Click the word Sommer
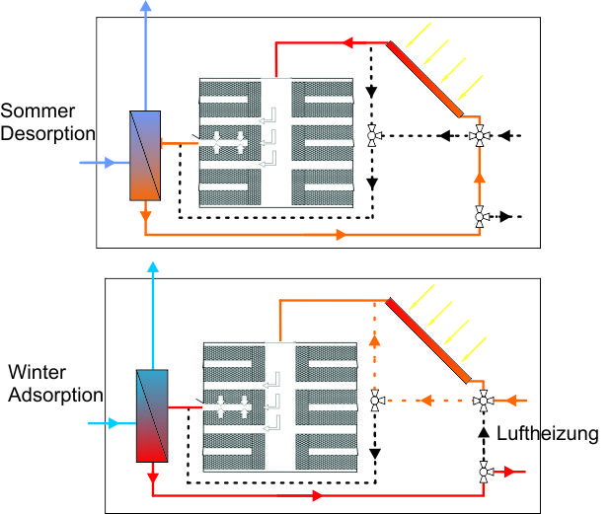(x=38, y=110)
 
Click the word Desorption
(x=47, y=132)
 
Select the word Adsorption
(x=54, y=396)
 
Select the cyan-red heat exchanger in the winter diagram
(x=153, y=415)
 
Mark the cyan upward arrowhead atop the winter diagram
(x=153, y=267)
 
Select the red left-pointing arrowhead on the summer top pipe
(x=348, y=42)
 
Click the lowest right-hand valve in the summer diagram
(x=481, y=215)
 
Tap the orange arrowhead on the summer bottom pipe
(x=341, y=235)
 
